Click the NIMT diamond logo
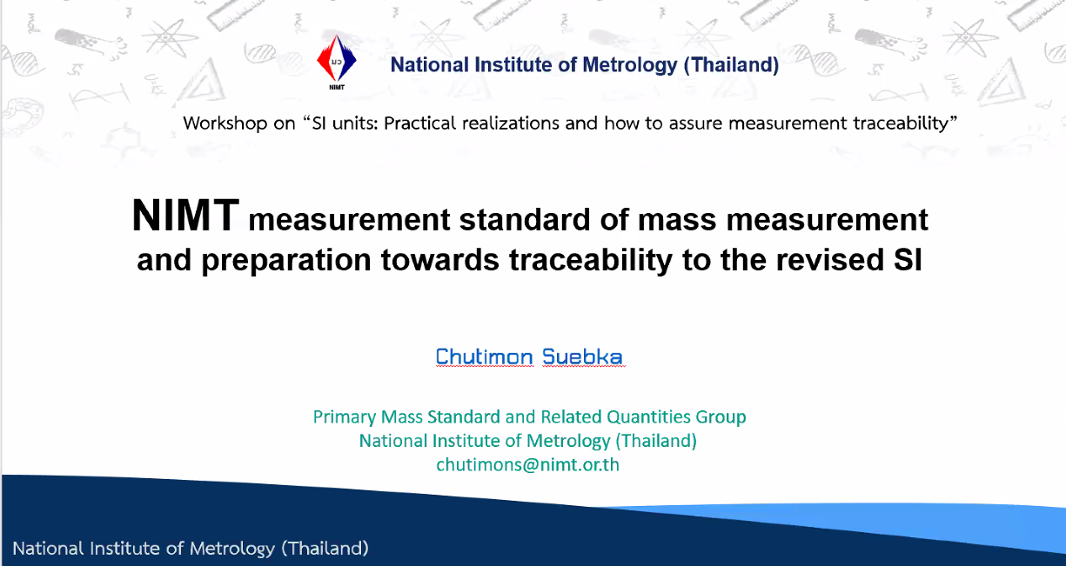click(337, 62)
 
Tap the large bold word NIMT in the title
click(185, 216)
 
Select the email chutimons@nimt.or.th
click(527, 464)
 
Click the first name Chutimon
click(484, 356)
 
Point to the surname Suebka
click(582, 356)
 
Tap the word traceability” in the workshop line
click(905, 123)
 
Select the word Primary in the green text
click(344, 417)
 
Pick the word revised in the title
click(830, 260)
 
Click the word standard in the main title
click(525, 220)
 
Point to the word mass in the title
click(677, 221)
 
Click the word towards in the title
click(440, 260)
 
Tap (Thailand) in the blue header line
click(731, 65)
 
